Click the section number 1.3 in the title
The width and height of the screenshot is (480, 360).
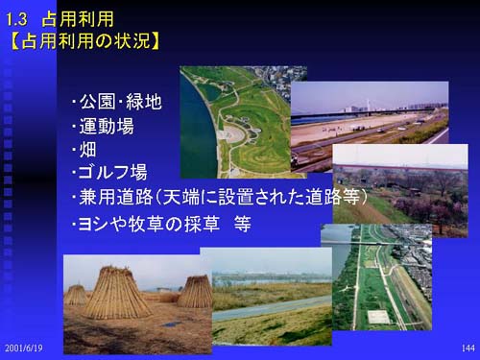pos(16,20)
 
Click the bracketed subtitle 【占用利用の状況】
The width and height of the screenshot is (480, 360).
pos(84,41)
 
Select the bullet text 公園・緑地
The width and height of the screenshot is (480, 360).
pos(117,102)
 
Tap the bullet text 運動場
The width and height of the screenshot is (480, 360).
pos(103,126)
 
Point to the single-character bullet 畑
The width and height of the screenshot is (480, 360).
pos(87,149)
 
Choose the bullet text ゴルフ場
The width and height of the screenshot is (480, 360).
pos(109,172)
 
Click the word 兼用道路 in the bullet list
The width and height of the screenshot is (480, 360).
pos(116,197)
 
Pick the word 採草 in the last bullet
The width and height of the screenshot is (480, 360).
pos(202,224)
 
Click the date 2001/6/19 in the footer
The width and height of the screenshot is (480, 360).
pos(24,348)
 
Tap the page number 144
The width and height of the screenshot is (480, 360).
pos(468,348)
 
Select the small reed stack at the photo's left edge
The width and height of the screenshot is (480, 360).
pos(75,295)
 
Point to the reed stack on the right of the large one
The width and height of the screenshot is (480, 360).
pos(195,292)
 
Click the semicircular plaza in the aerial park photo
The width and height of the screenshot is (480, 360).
pos(231,135)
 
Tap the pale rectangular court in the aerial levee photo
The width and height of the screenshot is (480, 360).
pos(379,317)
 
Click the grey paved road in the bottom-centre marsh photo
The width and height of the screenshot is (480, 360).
pos(272,308)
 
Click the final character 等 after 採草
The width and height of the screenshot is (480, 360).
pos(242,224)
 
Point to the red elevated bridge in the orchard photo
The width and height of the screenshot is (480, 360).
pos(400,167)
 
